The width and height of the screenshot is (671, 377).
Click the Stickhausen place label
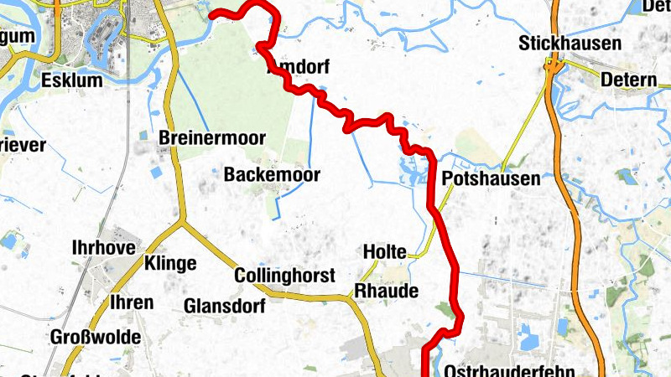570,43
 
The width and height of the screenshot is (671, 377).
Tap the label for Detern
629,81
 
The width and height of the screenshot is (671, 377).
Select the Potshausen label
491,178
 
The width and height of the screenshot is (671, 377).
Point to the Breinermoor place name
212,138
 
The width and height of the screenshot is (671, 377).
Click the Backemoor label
261,175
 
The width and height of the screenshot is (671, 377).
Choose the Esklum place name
70,81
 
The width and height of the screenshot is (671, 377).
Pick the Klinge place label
170,264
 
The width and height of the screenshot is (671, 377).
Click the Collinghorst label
285,276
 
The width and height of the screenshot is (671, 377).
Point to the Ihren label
132,302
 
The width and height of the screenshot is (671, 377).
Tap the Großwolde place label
96,337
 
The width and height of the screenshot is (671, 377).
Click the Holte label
384,251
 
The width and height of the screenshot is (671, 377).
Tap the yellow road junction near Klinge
182,224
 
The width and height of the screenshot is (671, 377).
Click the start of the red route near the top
211,14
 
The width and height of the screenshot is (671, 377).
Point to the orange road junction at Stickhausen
553,65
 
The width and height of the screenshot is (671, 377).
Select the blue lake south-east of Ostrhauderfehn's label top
528,340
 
